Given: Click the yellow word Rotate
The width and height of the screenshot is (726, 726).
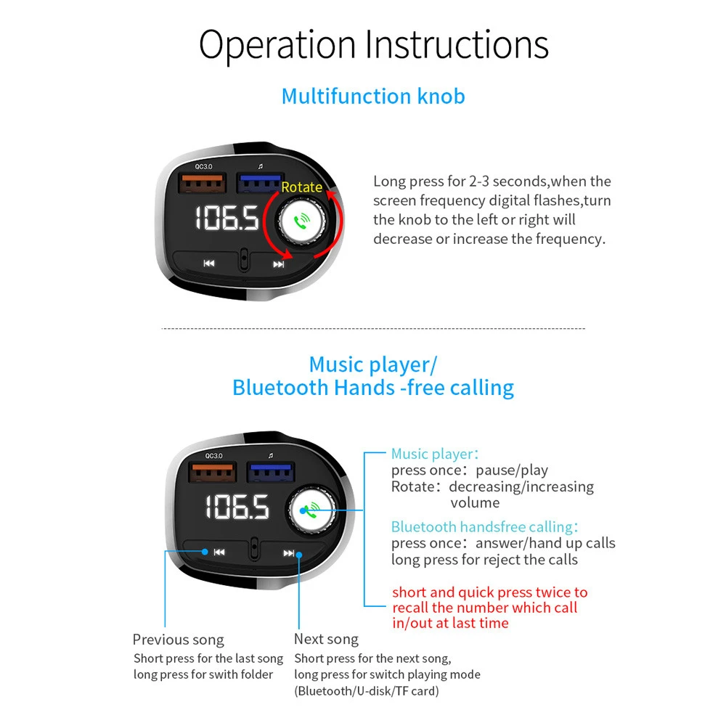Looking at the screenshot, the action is pos(301,187).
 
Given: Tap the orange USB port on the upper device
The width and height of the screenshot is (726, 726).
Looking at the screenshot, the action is pos(203,182).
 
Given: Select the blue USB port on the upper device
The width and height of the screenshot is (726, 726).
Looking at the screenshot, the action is pos(259,183).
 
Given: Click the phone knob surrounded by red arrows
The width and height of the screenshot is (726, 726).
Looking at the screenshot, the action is pos(301,221).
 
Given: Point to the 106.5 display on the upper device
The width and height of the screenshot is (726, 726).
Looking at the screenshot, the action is pos(227,218).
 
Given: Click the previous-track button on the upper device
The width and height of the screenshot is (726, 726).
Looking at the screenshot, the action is pos(209,264).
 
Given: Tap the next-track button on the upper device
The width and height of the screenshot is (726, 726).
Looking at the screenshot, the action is pos(278,264).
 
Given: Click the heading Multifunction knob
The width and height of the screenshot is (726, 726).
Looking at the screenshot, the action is pos(373,97).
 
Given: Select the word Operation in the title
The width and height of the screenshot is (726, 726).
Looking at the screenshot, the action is pos(277,45).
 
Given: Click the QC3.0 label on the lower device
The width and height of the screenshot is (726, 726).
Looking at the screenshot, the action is pos(214,456).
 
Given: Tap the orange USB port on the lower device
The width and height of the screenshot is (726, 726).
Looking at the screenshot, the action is pos(213,472).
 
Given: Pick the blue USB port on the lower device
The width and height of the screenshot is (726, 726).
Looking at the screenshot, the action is pos(271,473).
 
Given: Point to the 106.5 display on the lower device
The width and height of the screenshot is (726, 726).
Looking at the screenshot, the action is pos(237,507).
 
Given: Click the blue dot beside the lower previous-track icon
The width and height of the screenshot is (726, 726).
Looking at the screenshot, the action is pos(205,552).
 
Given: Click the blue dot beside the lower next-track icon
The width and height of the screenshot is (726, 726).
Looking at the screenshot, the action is pos(299,554).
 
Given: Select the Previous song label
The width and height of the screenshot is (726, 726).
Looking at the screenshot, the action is pos(179,640).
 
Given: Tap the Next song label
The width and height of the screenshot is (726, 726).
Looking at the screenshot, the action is pos(327,639).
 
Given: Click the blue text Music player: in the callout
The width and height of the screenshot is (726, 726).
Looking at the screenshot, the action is pos(435,454).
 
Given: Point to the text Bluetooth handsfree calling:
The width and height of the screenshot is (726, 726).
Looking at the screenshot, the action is pos(484,527).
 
